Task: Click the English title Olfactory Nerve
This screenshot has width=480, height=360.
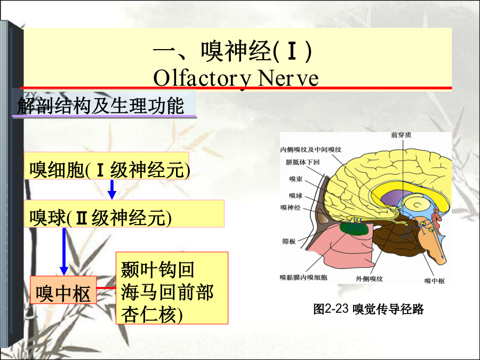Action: pos(236,78)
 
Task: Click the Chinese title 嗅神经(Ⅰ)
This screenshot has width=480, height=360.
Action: pos(232,51)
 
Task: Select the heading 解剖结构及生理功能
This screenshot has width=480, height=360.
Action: pos(100,106)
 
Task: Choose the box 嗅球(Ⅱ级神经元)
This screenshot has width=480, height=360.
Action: pos(124,214)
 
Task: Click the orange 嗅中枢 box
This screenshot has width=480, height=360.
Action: pos(63,290)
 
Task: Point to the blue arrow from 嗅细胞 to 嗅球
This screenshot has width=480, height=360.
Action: pos(112,189)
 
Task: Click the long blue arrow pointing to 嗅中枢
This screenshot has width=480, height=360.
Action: pos(64,252)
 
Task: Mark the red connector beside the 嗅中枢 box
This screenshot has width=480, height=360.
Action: pos(106,288)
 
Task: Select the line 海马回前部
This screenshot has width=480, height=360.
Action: pos(167,292)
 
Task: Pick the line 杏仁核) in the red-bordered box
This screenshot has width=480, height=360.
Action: pos(152,314)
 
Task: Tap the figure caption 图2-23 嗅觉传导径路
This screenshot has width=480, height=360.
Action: pos(368,309)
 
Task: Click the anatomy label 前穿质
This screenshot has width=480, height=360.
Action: pos(401,135)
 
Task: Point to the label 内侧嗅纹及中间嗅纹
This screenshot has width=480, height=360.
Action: pos(311,150)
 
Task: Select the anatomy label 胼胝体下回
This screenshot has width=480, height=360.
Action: pos(302,162)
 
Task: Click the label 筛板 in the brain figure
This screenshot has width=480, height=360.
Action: pos(289,241)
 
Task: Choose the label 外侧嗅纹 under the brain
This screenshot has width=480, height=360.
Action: pos(369,279)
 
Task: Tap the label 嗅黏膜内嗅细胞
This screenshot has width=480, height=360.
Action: pos(303,277)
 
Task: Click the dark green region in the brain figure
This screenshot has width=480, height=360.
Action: pos(354,229)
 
